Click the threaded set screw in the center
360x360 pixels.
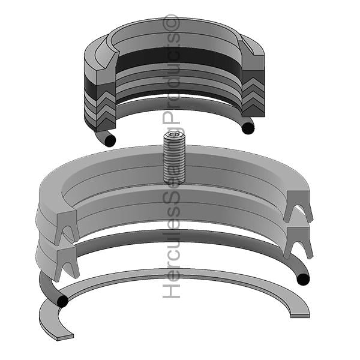pyautogui.click(x=174, y=157)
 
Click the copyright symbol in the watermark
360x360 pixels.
pyautogui.click(x=171, y=23)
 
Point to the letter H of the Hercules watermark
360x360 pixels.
pyautogui.click(x=171, y=290)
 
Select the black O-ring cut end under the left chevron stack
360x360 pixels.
pyautogui.click(x=110, y=140)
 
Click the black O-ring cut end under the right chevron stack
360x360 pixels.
pyautogui.click(x=248, y=128)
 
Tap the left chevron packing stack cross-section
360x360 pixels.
pyautogui.click(x=106, y=108)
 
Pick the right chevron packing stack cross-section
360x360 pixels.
pyautogui.click(x=253, y=97)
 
